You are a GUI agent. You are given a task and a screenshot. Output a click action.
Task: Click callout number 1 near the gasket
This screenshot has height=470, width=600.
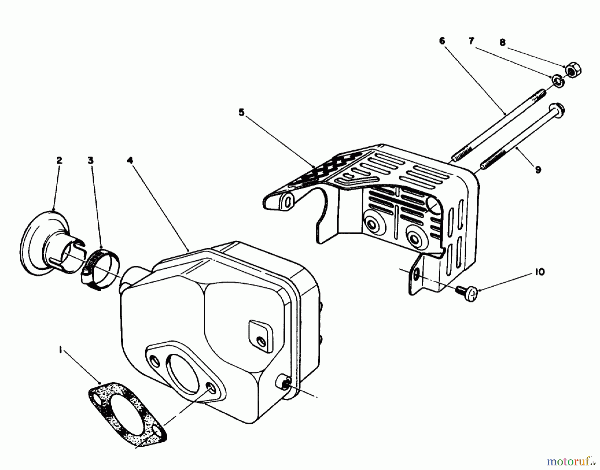pos(60,351)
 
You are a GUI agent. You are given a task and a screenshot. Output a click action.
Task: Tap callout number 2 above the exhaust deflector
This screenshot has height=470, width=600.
pos(59,161)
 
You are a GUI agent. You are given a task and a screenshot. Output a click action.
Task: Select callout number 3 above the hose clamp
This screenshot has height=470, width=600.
pos(90,161)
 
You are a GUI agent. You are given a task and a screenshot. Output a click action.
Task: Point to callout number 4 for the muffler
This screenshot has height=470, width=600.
pos(130,161)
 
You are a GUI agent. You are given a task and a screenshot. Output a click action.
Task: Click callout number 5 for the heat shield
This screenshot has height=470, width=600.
pos(241,113)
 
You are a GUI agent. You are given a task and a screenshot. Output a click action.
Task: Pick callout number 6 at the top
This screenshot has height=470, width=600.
pos(442,41)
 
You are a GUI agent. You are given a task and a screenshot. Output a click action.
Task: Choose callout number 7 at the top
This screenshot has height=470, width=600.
pos(471,41)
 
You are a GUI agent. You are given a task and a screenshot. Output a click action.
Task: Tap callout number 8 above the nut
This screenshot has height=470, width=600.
pos(502,42)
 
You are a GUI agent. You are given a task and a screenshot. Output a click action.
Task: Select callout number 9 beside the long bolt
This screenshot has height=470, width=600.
pos(538,170)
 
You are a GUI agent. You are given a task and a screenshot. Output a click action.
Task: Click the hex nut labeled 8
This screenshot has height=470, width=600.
pos(573,71)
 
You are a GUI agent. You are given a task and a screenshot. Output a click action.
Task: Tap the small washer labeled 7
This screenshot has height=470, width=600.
pos(557,81)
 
